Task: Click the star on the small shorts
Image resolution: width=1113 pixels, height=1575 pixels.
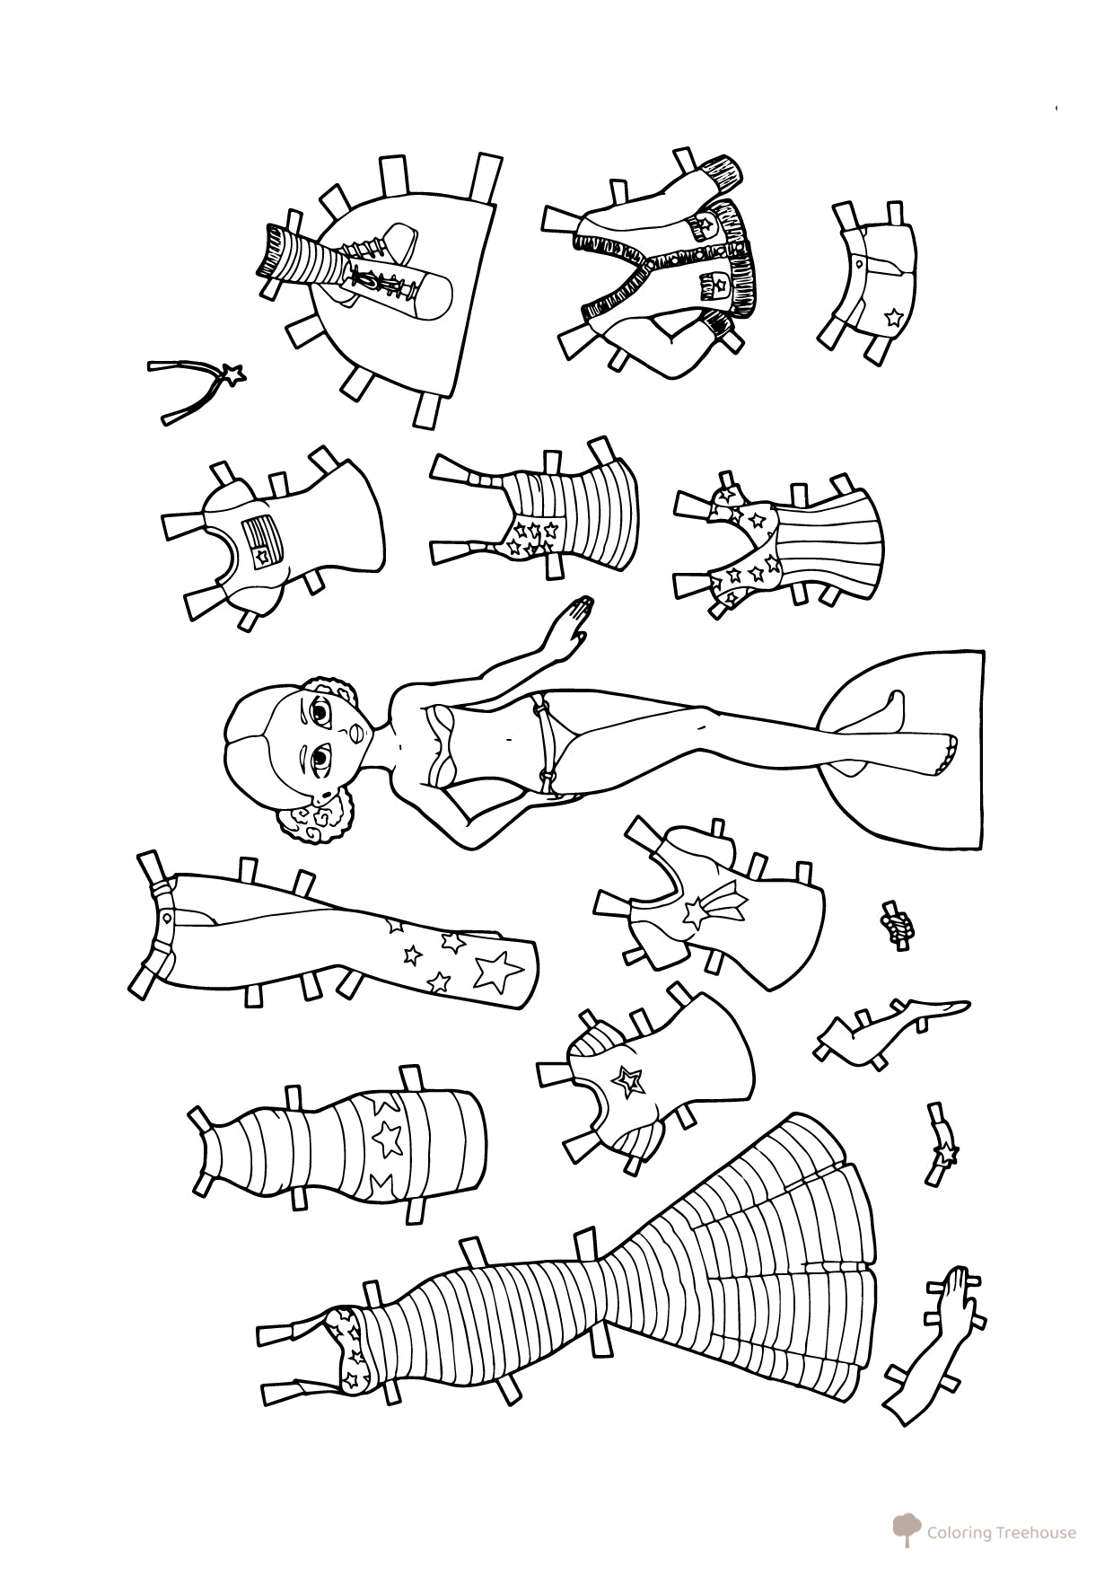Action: [892, 316]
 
